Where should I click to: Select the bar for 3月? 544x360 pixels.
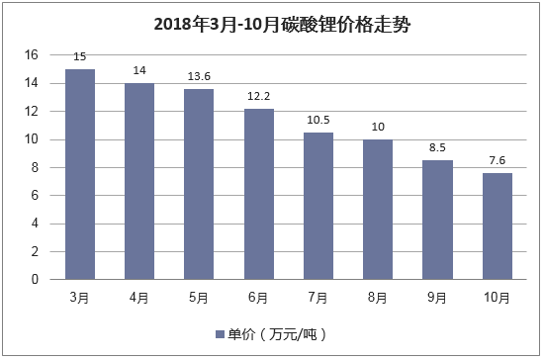(80, 174)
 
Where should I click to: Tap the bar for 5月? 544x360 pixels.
(200, 184)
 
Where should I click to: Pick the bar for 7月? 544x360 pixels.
(318, 206)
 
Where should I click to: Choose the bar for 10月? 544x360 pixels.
(498, 226)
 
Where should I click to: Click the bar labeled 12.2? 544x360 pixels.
(259, 194)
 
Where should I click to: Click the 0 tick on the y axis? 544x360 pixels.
(35, 280)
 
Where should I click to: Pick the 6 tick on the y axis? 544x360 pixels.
(35, 196)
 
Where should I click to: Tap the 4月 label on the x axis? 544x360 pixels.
(139, 298)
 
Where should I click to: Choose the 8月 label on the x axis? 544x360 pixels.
(378, 298)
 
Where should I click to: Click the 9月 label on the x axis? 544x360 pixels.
(438, 298)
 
